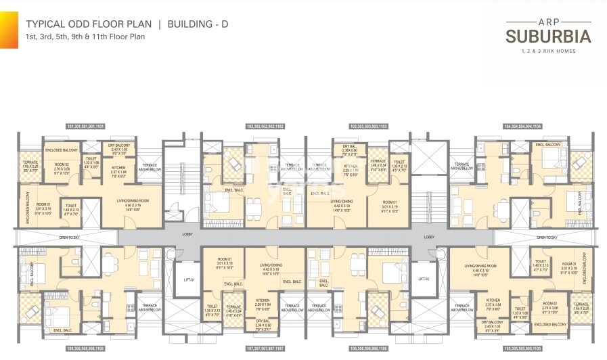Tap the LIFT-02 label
(424, 279)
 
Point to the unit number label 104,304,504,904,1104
(521, 127)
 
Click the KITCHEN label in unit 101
(118, 167)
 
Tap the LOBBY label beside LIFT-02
(429, 237)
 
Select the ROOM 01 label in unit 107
(225, 260)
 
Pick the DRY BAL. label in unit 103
(350, 145)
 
